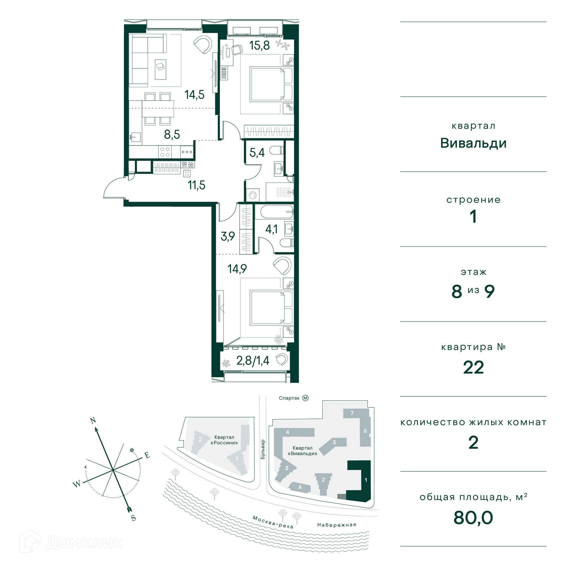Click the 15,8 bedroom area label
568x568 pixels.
[259, 46]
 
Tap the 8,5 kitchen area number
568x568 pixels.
[172, 135]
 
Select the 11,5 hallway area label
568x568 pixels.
[196, 185]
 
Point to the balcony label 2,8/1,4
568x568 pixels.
[253, 361]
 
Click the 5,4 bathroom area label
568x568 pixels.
[257, 153]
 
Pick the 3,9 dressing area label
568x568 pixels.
[228, 236]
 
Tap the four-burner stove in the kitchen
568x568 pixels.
[165, 152]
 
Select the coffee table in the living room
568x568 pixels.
[161, 70]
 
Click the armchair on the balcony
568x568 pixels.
[282, 360]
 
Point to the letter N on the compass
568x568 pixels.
[93, 420]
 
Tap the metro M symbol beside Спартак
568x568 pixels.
[305, 398]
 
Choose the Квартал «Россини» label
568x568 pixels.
[224, 440]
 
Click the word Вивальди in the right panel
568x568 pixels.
[473, 143]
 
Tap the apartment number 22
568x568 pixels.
[473, 367]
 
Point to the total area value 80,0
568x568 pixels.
[473, 518]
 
